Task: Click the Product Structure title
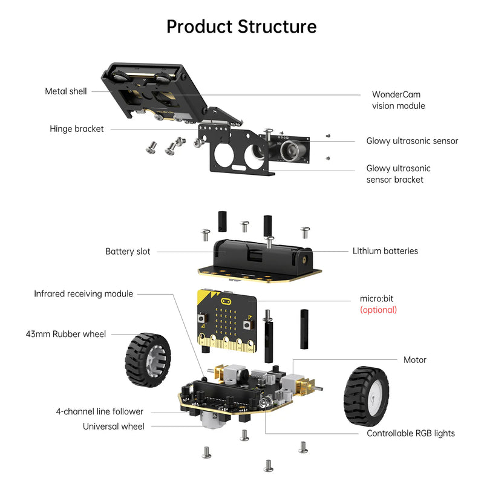tap(241, 27)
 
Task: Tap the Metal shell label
tap(66, 91)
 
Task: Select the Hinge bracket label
tap(77, 129)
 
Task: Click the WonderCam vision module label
tap(398, 100)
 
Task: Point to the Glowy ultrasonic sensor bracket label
tap(398, 174)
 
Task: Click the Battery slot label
tap(128, 251)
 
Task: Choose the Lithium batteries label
tap(385, 251)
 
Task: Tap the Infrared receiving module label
tap(83, 294)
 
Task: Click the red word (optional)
tap(378, 310)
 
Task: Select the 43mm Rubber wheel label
tap(66, 334)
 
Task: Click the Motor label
tap(415, 360)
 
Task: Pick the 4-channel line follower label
tap(100, 412)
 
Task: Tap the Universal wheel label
tap(114, 427)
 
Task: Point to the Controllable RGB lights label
tap(411, 433)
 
